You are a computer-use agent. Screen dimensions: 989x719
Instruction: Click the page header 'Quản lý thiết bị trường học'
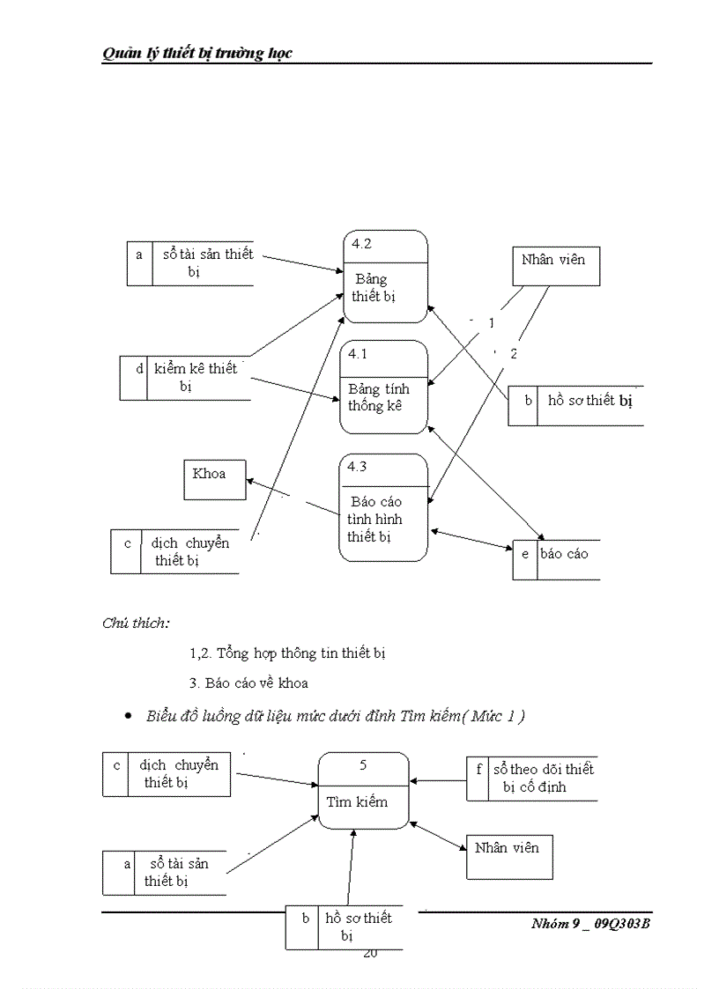click(x=196, y=54)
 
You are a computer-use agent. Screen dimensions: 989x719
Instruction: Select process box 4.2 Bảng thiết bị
click(x=384, y=271)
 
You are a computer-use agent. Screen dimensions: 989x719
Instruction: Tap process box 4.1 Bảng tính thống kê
click(x=384, y=387)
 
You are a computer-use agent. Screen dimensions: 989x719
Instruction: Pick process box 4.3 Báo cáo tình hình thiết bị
click(x=383, y=507)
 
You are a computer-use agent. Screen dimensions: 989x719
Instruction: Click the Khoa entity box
click(x=214, y=479)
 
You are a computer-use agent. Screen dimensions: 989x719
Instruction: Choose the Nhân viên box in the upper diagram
click(x=555, y=266)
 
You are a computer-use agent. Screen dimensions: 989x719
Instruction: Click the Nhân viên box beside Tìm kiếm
click(x=508, y=857)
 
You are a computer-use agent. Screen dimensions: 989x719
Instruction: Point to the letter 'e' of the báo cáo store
click(x=525, y=555)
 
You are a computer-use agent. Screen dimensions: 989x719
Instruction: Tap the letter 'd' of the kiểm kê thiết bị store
click(x=140, y=369)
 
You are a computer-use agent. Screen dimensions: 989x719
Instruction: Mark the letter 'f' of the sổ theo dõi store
click(x=478, y=769)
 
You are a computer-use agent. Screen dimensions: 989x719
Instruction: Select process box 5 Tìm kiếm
click(x=363, y=790)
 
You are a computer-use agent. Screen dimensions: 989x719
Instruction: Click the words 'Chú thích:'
click(x=137, y=624)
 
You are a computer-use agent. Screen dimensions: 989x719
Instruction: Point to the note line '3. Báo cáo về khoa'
click(x=248, y=683)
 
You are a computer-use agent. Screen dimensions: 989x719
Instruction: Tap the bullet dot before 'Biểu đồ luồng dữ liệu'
click(x=129, y=718)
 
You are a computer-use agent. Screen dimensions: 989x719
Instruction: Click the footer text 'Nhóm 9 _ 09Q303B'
click(x=590, y=924)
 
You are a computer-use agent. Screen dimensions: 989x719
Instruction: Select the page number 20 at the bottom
click(x=370, y=953)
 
